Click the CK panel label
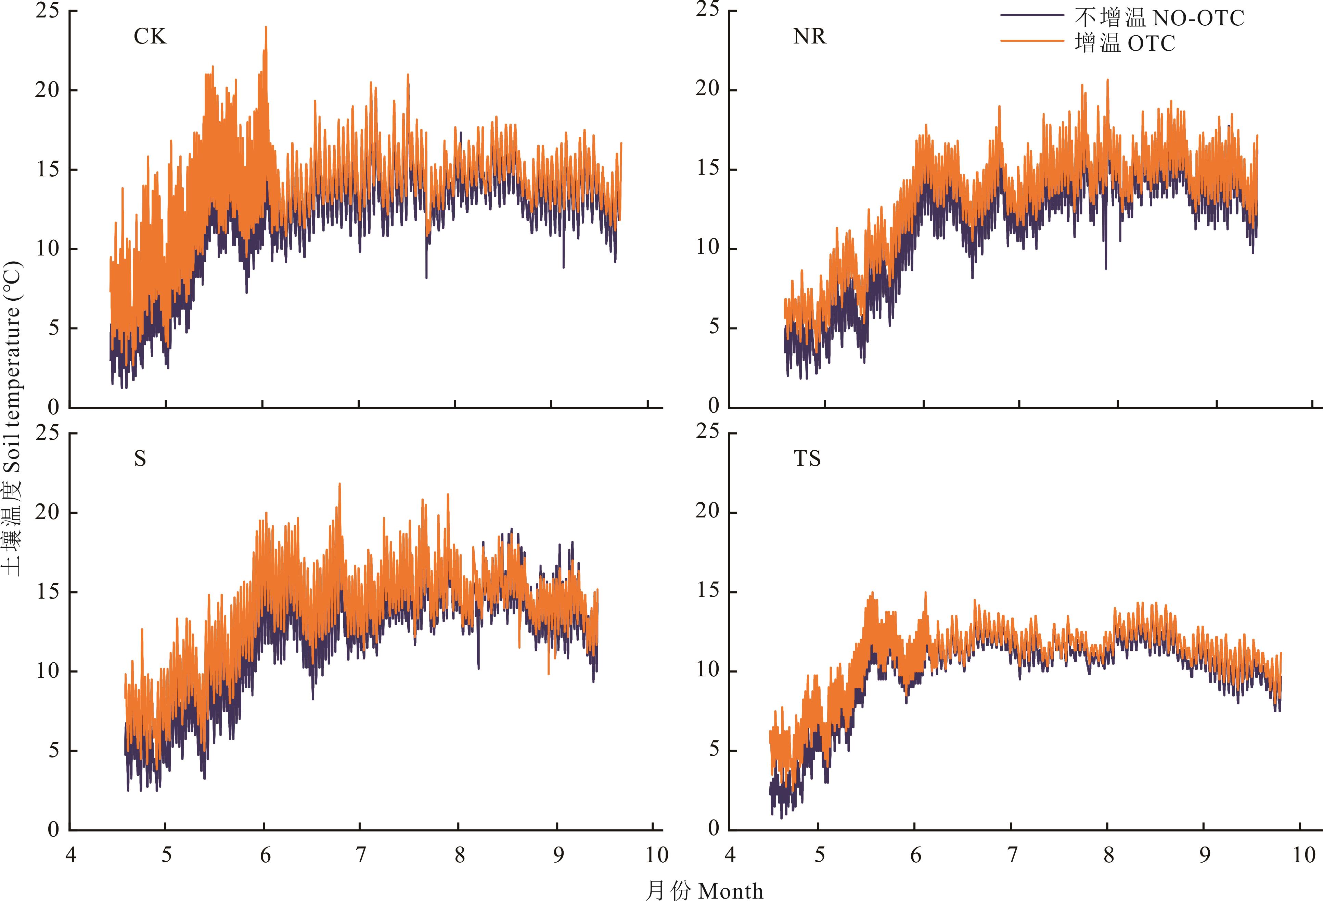[150, 36]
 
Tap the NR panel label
[809, 36]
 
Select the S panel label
[140, 459]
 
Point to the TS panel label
[807, 459]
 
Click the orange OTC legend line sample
[1031, 41]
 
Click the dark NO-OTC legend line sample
[1031, 15]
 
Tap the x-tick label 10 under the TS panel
[1303, 855]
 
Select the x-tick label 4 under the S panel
[70, 855]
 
